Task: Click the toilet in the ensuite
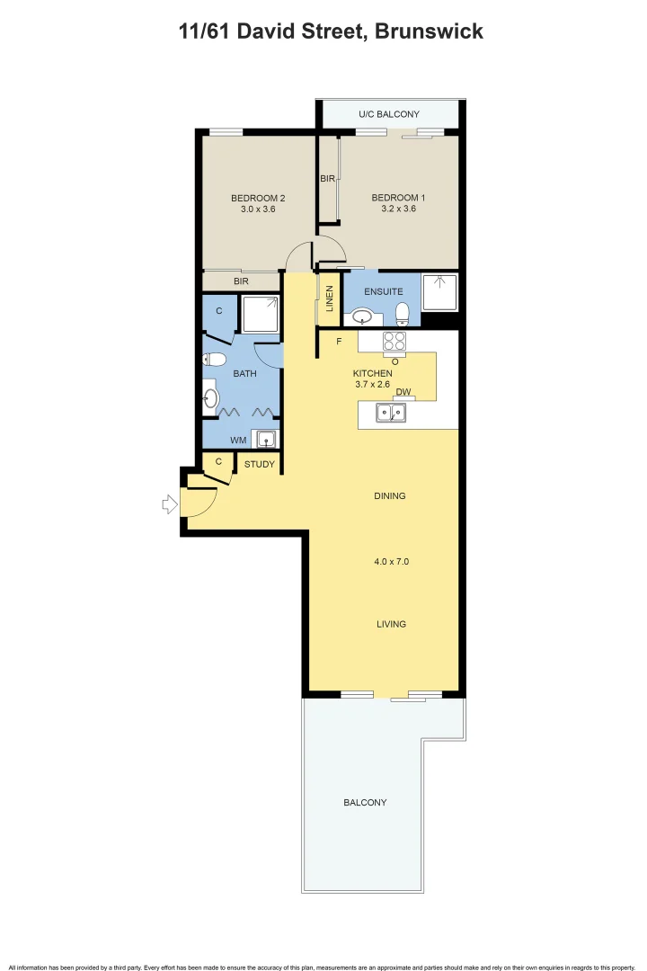tap(403, 313)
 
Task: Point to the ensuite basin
tap(364, 316)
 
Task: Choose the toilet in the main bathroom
tap(214, 360)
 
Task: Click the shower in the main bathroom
tap(261, 314)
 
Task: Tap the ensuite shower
tap(439, 292)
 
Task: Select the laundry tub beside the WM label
tap(266, 440)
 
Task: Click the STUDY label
tap(260, 465)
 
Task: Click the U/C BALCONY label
tap(389, 114)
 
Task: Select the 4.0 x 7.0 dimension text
tap(391, 561)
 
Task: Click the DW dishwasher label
tap(403, 392)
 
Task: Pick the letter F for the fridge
tap(339, 342)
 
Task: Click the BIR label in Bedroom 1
tap(328, 179)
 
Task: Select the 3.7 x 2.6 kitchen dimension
tap(373, 385)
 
